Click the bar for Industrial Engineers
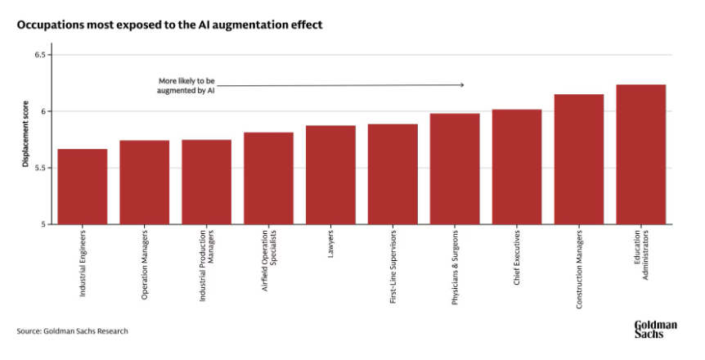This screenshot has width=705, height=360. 83,187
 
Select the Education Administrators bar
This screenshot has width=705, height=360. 640,155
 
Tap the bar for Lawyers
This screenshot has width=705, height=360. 330,175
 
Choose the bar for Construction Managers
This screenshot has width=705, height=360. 579,160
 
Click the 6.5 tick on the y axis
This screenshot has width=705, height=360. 45,55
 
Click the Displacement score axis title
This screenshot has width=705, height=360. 25,140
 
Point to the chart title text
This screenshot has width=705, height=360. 169,25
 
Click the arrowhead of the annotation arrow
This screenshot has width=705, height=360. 462,85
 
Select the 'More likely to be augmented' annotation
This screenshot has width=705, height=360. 186,86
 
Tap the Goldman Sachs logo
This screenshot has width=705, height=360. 655,329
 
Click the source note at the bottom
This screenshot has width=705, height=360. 72,331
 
